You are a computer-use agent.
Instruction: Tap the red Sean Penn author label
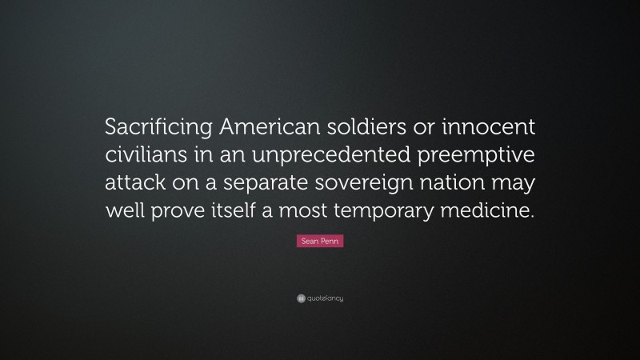coord(320,241)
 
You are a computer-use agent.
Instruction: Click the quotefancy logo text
coord(324,298)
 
